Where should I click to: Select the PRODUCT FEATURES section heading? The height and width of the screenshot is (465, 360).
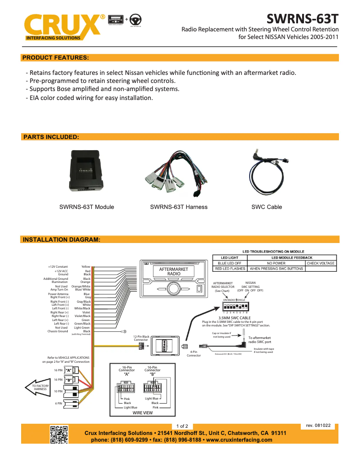point(55,58)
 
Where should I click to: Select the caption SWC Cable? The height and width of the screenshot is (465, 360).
point(267,207)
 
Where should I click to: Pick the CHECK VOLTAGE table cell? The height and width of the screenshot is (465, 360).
point(320,263)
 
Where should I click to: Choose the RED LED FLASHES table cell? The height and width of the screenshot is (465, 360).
point(230,269)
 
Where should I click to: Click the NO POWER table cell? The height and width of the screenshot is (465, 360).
point(276,263)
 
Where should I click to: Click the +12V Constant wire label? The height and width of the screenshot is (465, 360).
point(58,267)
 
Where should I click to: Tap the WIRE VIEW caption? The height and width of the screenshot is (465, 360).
point(142,413)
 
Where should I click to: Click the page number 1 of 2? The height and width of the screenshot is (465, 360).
point(182,426)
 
